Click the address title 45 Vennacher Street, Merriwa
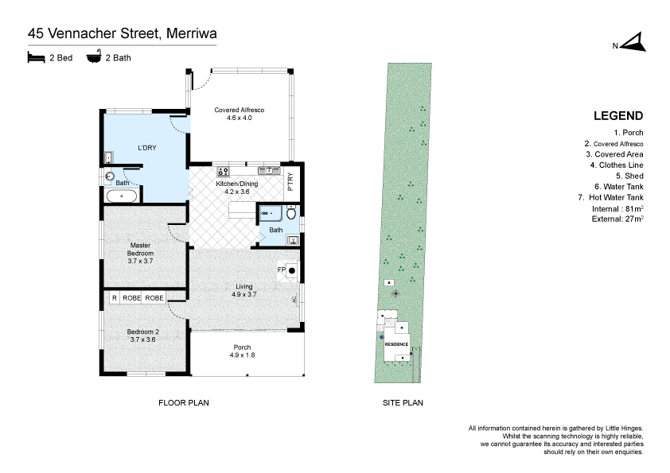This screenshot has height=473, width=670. (x=123, y=33)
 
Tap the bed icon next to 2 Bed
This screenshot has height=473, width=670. (x=35, y=57)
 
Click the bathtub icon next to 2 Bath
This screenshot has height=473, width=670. (x=93, y=57)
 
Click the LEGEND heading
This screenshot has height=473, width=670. (x=618, y=116)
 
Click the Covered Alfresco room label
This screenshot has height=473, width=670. (x=239, y=114)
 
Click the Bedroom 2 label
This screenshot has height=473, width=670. (x=145, y=335)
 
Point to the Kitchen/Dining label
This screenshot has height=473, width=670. (x=237, y=187)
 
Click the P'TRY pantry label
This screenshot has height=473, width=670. (x=291, y=181)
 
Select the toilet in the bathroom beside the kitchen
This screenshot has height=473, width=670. (x=290, y=214)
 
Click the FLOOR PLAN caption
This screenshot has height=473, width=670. (x=184, y=403)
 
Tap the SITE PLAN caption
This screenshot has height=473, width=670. (x=403, y=403)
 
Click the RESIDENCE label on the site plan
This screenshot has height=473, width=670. (x=396, y=344)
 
